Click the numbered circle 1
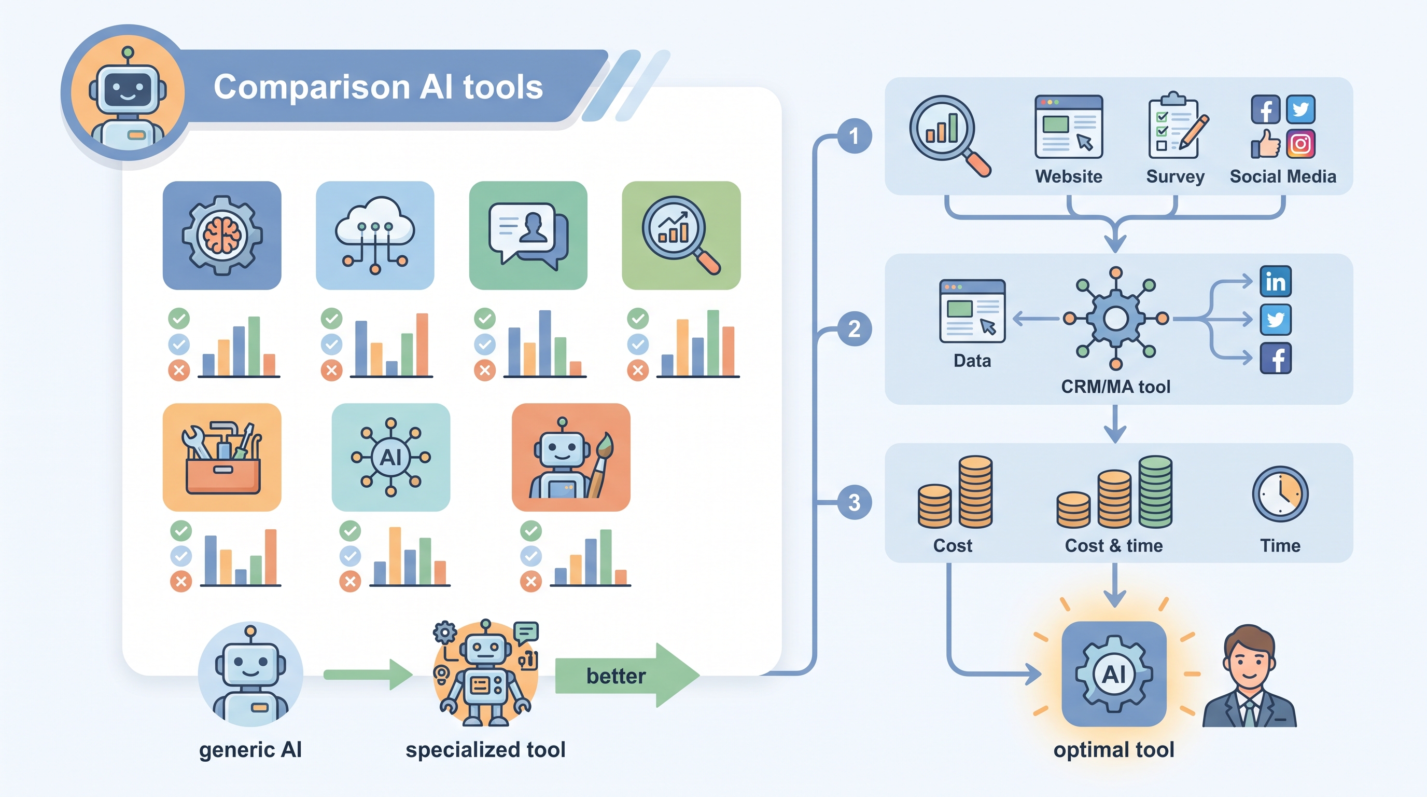[x=854, y=136]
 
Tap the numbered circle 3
[x=854, y=502]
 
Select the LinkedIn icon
[x=1276, y=282]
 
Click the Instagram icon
[x=1300, y=144]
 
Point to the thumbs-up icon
[x=1265, y=144]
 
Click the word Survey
[x=1176, y=176]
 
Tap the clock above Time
[x=1280, y=494]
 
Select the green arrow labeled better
[x=627, y=675]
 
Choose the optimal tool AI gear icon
[x=1114, y=674]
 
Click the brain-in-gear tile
[x=222, y=236]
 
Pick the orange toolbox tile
[x=222, y=457]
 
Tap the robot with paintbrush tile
[x=571, y=457]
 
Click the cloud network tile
[x=375, y=236]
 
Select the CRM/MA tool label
[x=1116, y=387]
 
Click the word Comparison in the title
[x=311, y=88]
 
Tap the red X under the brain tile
[x=179, y=370]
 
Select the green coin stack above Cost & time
[x=1156, y=491]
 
